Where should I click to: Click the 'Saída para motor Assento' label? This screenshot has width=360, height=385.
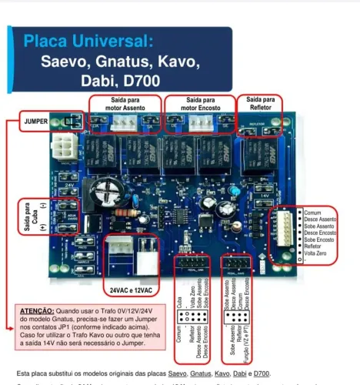coord(125,105)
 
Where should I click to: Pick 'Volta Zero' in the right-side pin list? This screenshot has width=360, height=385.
coord(316,253)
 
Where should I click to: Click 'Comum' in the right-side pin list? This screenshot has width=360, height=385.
coord(312,213)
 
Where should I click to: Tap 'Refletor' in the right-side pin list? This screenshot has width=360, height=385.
coord(314,246)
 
